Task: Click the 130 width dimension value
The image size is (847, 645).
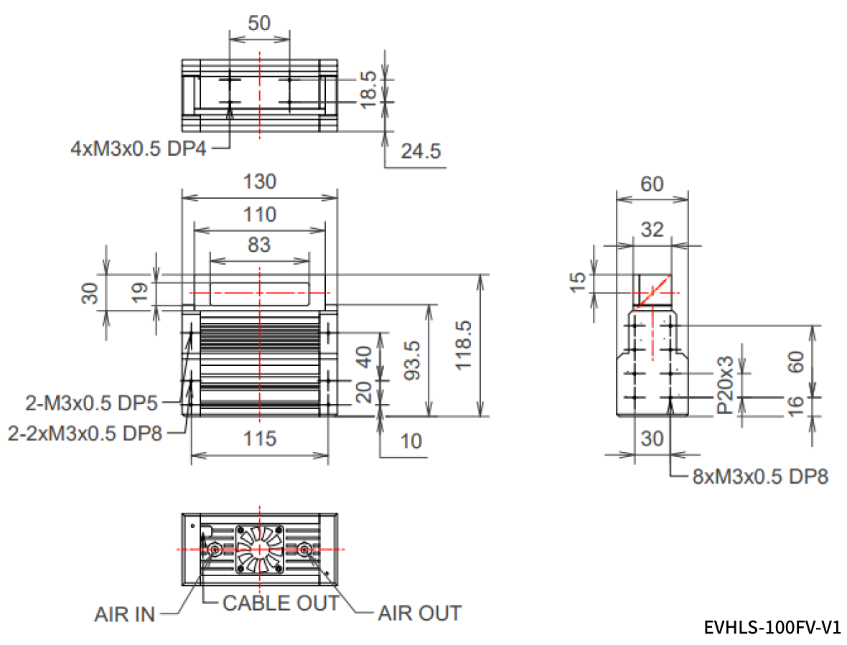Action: pos(259,182)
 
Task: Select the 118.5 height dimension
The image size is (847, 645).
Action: pos(464,345)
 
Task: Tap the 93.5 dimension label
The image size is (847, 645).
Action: pos(412,359)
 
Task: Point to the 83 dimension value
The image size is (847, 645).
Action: pos(259,244)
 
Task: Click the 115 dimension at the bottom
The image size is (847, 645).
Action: pos(259,438)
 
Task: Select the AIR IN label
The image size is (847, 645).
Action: pos(124,615)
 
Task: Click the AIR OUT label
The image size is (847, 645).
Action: pos(419,613)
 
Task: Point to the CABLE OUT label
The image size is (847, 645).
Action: pos(280,603)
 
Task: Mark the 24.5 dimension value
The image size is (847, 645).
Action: pos(418,151)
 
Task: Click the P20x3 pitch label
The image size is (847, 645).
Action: pos(724,385)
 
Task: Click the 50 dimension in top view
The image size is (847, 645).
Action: pos(259,23)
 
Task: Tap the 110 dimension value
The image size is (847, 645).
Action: pos(259,214)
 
